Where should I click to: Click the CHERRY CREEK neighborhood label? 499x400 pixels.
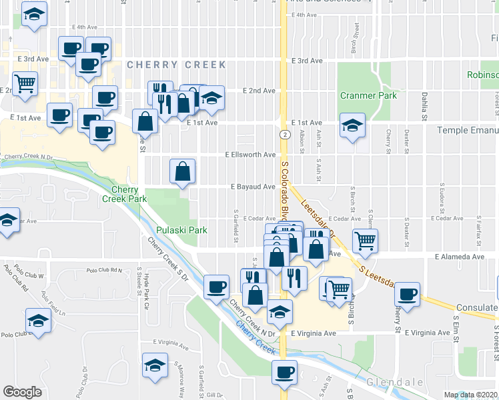176,65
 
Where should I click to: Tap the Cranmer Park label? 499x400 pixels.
368,95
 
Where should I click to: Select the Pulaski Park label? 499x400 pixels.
181,230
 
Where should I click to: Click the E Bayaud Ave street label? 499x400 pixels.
253,187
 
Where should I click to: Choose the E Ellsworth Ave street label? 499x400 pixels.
250,155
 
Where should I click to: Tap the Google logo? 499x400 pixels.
22,392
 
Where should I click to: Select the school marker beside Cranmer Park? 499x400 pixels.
352,125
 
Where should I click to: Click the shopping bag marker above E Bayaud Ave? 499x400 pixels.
183,171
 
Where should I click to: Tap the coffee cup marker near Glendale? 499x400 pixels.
284,372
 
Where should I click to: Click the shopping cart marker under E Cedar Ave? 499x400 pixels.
365,241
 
